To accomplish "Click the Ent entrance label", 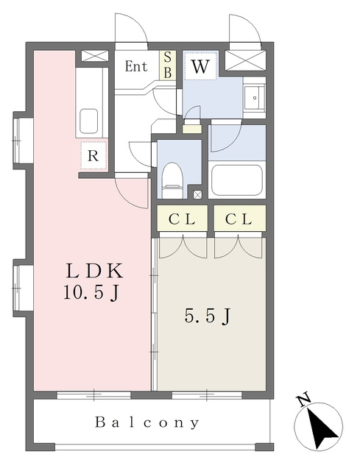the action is pyautogui.click(x=136, y=66).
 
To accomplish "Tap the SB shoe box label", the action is pyautogui.click(x=168, y=65).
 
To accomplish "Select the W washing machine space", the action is pyautogui.click(x=200, y=66).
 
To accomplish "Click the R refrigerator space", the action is pyautogui.click(x=93, y=155).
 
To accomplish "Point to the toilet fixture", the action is pyautogui.click(x=172, y=180).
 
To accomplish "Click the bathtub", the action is pyautogui.click(x=237, y=180).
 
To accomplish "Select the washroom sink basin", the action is pyautogui.click(x=254, y=98).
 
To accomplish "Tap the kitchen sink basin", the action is pyautogui.click(x=88, y=121).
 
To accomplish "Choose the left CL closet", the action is pyautogui.click(x=182, y=219).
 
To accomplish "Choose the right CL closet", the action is pyautogui.click(x=239, y=219).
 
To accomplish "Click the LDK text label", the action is pyautogui.click(x=94, y=270).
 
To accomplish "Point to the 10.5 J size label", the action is pyautogui.click(x=91, y=292).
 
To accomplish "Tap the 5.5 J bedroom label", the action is pyautogui.click(x=208, y=316).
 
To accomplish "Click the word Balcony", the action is pyautogui.click(x=147, y=422).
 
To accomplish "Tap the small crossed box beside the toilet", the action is pyautogui.click(x=197, y=194).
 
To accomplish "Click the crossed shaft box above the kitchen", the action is pyautogui.click(x=95, y=56).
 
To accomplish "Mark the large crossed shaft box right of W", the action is pyautogui.click(x=245, y=60).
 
